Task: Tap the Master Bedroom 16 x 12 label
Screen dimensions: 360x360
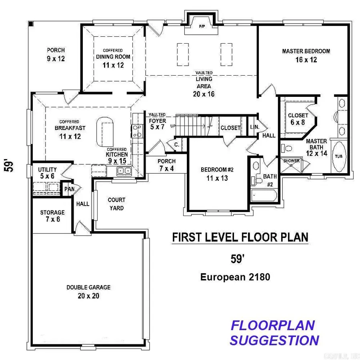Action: point(306,55)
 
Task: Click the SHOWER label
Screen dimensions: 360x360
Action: point(292,161)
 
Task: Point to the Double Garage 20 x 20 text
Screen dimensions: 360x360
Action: point(88,292)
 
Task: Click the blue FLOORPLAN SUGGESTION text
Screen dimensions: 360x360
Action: point(274,333)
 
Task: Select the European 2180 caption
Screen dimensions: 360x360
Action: point(236,277)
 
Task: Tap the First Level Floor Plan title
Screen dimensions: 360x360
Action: point(240,237)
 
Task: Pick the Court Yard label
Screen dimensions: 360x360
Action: point(116,204)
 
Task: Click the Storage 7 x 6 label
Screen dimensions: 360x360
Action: point(52,216)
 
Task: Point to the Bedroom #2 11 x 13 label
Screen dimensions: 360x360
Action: point(214,174)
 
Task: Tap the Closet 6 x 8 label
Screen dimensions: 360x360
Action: point(298,119)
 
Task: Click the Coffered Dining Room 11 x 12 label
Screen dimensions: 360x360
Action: point(113,57)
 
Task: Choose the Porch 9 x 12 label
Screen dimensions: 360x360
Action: point(56,54)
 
